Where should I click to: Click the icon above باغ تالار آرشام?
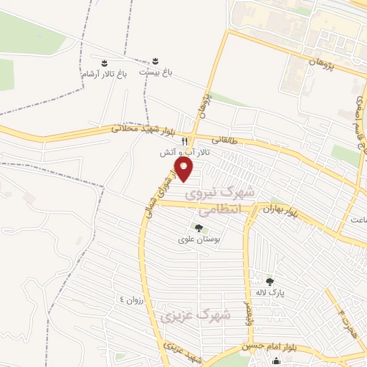pos(105,62)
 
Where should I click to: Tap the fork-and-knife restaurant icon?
pos(185,141)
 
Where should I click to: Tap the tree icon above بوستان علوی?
pos(199,229)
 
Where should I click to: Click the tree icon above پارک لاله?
pos(270,281)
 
